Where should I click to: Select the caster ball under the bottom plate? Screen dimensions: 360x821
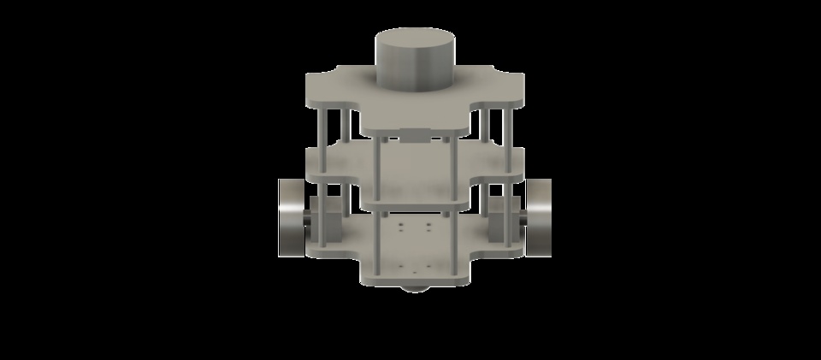click(415, 288)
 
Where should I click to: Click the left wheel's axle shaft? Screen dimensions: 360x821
click(309, 220)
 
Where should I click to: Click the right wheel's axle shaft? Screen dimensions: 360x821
click(520, 220)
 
